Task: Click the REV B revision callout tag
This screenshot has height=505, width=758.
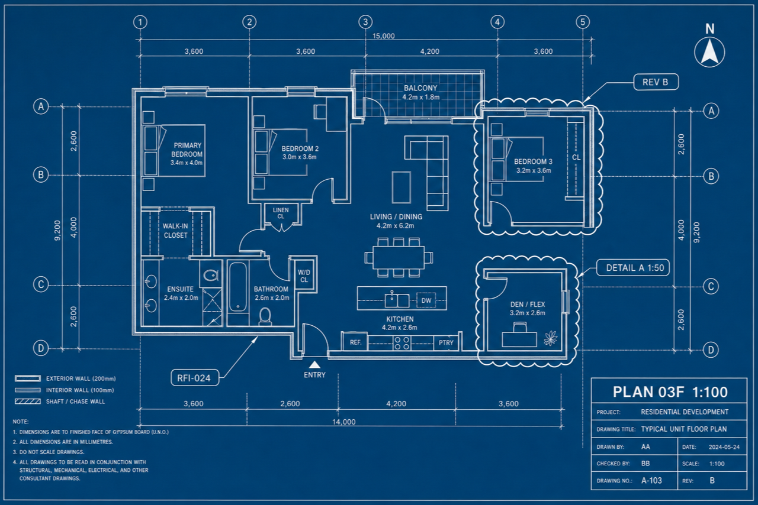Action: coord(656,82)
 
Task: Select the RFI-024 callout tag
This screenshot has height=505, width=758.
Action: coord(195,377)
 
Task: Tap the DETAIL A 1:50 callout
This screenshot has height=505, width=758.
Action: coord(633,268)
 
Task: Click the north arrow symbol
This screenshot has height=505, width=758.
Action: coord(709,51)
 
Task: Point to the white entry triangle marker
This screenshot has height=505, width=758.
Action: coord(314,365)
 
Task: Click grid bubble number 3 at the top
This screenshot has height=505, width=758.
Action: coord(365,22)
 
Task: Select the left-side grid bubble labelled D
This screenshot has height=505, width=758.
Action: coord(41,348)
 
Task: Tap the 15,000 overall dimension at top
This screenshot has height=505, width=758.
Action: coord(383,36)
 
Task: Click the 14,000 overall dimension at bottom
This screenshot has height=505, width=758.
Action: coord(343,422)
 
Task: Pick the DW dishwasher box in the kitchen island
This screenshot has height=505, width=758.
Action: coord(426,300)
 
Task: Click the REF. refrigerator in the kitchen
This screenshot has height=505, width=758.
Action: coord(355,342)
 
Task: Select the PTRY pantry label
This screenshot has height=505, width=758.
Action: coord(446,343)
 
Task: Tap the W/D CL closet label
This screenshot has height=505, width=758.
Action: coord(304,276)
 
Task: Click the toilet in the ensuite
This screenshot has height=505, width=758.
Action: coord(211,275)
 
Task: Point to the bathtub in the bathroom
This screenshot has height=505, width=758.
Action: coord(238,287)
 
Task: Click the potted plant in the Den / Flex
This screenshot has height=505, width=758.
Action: coord(551,338)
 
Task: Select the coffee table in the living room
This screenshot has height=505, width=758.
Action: coord(402,187)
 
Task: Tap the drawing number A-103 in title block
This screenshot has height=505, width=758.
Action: coord(651,480)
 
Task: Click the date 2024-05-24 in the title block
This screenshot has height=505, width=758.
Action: coord(724,447)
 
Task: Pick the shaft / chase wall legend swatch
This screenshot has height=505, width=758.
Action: coord(28,402)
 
